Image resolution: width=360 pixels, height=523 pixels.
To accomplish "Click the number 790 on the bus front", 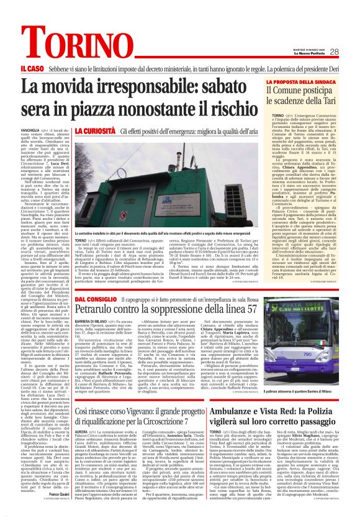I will click(294, 352).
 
